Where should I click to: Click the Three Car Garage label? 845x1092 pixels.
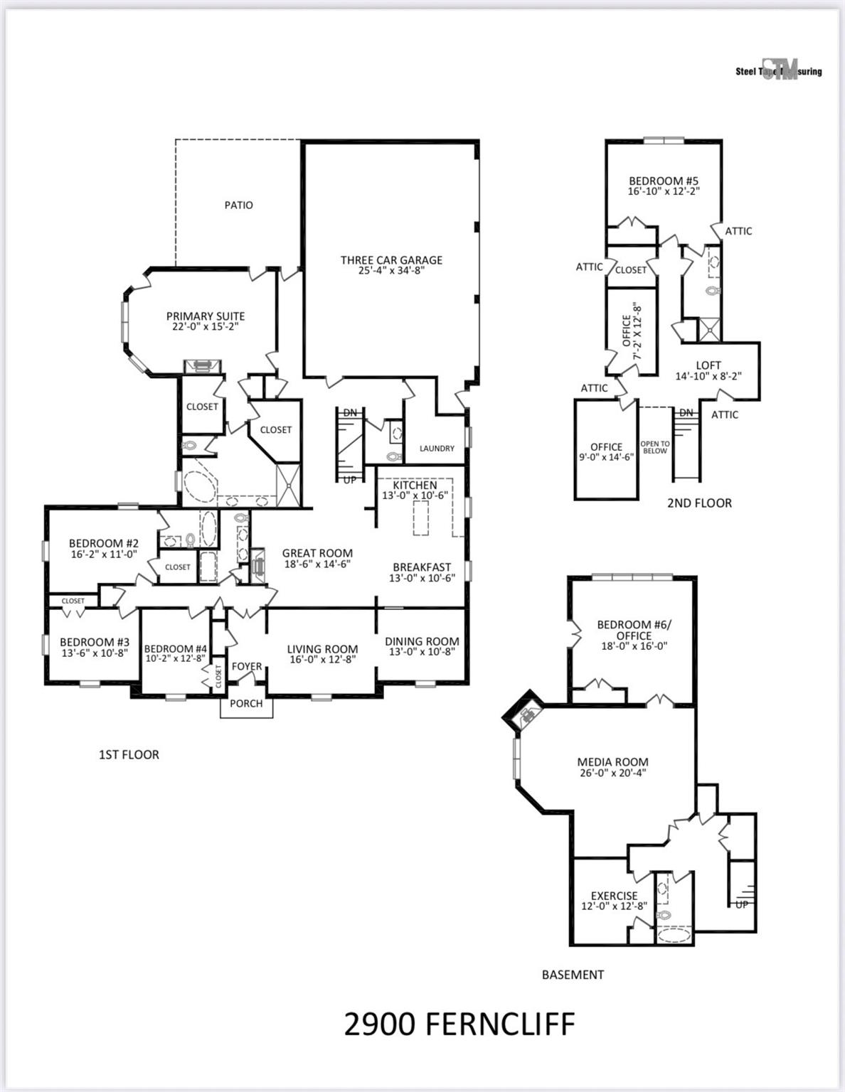[391, 260]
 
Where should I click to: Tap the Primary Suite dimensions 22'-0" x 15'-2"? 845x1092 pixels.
[206, 327]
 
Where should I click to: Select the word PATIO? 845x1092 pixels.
[239, 205]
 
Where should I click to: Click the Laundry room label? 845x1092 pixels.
[437, 449]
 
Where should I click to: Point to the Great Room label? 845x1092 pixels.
[317, 553]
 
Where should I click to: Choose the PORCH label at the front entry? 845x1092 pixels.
[246, 704]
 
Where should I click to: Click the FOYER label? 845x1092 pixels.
[247, 667]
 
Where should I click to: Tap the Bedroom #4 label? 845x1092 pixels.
[175, 648]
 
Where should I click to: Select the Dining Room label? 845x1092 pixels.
[422, 641]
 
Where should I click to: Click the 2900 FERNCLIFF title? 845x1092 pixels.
[459, 1024]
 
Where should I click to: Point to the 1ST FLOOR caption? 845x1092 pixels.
[129, 754]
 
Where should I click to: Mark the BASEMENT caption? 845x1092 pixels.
[573, 975]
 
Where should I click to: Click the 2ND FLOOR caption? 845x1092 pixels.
[699, 503]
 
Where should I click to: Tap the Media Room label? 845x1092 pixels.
[612, 762]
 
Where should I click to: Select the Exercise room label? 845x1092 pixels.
[614, 896]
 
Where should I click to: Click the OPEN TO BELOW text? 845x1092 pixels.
[655, 447]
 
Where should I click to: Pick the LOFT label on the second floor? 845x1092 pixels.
[708, 365]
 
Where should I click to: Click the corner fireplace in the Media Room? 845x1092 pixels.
[525, 713]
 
